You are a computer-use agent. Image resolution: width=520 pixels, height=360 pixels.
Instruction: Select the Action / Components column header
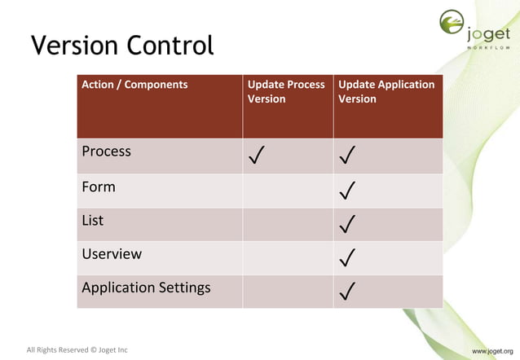click(x=134, y=85)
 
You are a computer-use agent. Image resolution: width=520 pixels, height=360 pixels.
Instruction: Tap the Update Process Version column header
click(x=286, y=91)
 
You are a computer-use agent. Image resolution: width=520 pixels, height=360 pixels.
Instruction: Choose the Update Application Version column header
click(x=386, y=91)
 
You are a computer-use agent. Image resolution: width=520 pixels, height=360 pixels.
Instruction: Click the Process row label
click(x=106, y=151)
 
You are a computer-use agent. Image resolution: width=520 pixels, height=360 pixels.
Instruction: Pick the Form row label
click(x=99, y=187)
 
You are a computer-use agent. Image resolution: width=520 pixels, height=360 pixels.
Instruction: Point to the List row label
click(x=93, y=220)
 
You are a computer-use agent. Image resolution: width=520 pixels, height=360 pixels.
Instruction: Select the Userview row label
click(x=112, y=253)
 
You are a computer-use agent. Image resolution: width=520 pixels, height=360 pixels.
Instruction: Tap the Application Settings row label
click(x=146, y=288)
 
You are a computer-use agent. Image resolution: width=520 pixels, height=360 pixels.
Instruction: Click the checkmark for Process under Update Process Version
click(x=257, y=156)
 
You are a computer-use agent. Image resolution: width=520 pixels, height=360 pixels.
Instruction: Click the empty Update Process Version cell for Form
click(x=287, y=191)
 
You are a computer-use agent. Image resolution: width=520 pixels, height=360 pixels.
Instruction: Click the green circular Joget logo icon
click(x=452, y=24)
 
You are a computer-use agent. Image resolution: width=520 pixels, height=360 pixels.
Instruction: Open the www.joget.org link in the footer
click(x=491, y=351)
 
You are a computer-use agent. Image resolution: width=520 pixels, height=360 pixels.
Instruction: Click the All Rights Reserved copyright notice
click(x=77, y=350)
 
